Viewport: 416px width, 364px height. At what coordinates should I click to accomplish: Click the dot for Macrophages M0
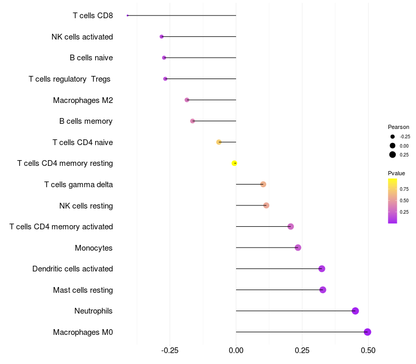(x=368, y=332)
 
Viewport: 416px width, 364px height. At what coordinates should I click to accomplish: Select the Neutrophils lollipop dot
(x=355, y=311)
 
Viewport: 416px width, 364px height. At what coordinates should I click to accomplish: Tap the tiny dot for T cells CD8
(x=127, y=16)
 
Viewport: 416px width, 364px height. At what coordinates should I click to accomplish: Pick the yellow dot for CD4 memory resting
(x=235, y=163)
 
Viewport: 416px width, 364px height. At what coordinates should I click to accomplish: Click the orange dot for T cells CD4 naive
(x=219, y=142)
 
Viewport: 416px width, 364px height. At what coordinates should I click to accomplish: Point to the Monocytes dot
(x=298, y=248)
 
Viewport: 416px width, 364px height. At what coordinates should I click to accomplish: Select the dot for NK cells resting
(x=266, y=205)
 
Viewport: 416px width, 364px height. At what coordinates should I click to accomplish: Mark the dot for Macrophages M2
(x=187, y=100)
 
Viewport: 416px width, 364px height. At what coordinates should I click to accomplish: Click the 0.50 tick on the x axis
(x=368, y=350)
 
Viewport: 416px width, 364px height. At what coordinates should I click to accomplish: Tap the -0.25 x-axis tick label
(x=170, y=350)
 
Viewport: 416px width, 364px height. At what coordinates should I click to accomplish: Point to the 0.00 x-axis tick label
(x=236, y=350)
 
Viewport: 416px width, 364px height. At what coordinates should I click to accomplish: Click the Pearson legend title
(x=398, y=127)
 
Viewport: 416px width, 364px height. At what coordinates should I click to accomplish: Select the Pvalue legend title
(x=396, y=173)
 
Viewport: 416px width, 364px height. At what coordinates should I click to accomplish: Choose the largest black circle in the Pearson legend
(x=393, y=154)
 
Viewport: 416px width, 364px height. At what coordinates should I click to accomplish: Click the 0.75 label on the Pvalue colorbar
(x=404, y=189)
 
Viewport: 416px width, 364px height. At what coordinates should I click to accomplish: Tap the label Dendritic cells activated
(x=73, y=269)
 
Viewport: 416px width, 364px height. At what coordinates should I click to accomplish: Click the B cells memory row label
(x=86, y=121)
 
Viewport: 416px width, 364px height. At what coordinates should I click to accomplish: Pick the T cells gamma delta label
(x=79, y=185)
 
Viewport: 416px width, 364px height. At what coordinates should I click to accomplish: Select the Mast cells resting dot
(x=323, y=290)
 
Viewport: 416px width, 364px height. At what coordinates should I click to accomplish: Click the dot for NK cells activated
(x=162, y=36)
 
